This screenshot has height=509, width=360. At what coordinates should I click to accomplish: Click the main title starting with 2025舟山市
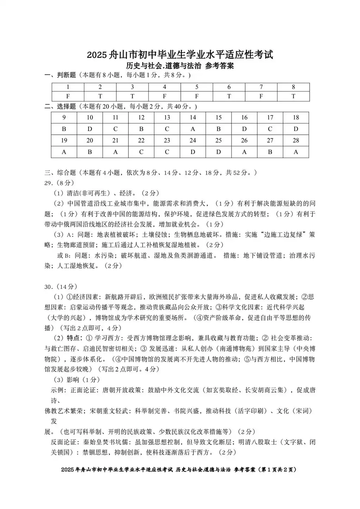(180, 55)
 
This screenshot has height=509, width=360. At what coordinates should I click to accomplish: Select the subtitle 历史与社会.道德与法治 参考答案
(180, 66)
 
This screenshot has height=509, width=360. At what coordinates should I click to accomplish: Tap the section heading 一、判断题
(60, 75)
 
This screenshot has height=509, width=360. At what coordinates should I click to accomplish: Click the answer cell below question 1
(68, 96)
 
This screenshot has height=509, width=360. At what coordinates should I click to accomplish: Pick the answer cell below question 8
(293, 96)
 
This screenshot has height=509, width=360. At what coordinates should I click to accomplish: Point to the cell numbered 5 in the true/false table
(197, 87)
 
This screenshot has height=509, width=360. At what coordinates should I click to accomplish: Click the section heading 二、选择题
(60, 107)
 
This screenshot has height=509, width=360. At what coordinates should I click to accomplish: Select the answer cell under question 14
(193, 129)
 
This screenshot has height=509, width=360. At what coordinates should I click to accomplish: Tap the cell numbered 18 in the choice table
(296, 117)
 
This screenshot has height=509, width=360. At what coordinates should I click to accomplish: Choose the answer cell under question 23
(167, 152)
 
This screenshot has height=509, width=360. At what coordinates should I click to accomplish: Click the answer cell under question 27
(270, 152)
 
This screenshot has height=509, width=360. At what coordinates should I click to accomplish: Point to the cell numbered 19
(64, 140)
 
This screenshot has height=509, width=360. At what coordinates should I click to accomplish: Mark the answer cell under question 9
(64, 129)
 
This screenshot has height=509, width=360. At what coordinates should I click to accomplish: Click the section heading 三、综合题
(60, 173)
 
